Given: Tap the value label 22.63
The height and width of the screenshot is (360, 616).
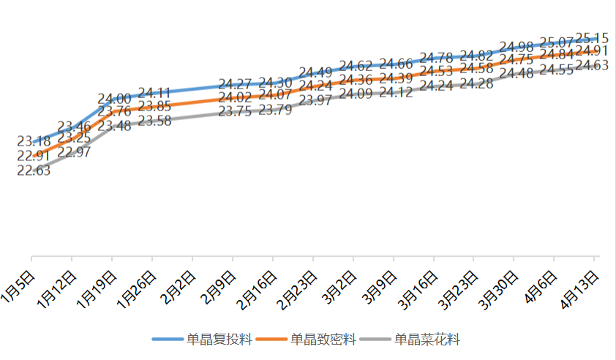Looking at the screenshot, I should (x=34, y=170).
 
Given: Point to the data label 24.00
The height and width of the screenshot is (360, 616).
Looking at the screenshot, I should (x=115, y=99).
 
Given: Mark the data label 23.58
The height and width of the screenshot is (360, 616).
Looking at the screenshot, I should (x=154, y=121).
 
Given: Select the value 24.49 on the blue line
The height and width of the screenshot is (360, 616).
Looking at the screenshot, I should (x=316, y=72).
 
